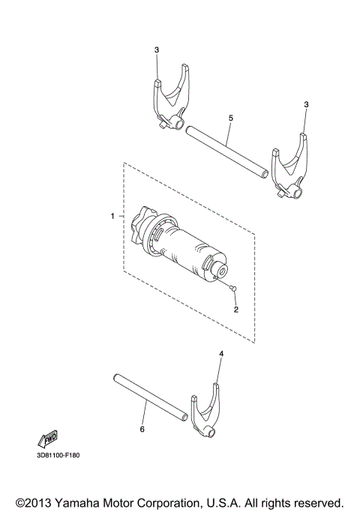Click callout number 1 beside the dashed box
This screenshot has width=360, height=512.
tap(112, 216)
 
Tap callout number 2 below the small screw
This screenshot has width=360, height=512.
tap(235, 309)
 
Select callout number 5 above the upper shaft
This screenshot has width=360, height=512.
tap(230, 118)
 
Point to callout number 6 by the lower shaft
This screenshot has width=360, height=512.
tap(143, 430)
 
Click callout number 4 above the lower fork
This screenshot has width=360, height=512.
tap(220, 352)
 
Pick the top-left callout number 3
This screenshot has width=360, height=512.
tap(157, 50)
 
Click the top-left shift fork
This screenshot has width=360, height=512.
tap(172, 100)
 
